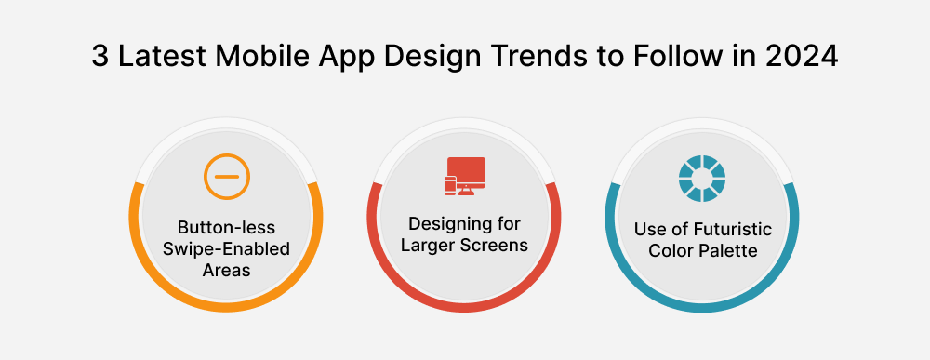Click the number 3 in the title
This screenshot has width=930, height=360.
100,57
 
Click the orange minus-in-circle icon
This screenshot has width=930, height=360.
228,176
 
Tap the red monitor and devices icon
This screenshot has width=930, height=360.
465,176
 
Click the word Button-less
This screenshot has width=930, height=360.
228,228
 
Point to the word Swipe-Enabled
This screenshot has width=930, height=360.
228,248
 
